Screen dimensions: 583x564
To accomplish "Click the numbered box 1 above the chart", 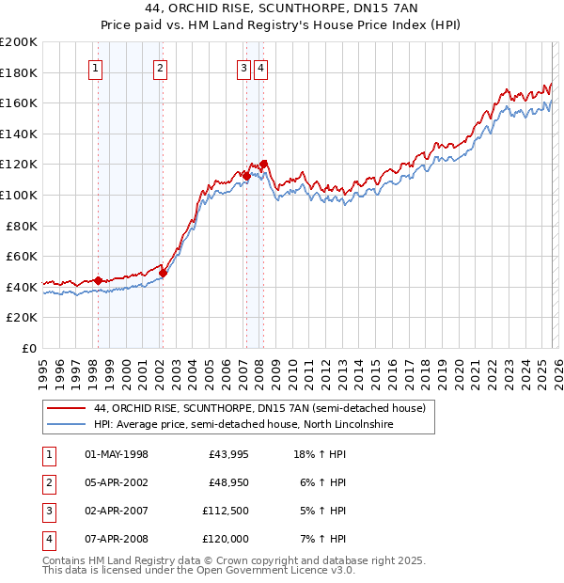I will [97, 68].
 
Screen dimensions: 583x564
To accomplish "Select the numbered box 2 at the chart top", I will [161, 68].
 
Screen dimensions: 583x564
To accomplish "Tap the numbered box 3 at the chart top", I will [243, 68].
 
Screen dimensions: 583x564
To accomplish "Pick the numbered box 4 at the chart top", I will [260, 68].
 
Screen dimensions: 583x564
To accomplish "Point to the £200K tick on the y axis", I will [19, 42].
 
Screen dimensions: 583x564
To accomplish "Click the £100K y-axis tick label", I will [19, 195].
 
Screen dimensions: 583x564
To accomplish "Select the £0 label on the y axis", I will [28, 348].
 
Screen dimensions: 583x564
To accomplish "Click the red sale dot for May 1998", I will [98, 280].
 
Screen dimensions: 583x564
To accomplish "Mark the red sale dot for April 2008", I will [263, 165].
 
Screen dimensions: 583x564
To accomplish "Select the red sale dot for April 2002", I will [163, 273].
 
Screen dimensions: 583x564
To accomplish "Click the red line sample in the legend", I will [64, 408].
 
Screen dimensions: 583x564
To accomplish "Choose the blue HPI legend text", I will [243, 425].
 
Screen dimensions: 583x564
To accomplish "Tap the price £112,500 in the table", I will [225, 512].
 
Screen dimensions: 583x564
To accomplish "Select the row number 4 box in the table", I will [48, 540].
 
